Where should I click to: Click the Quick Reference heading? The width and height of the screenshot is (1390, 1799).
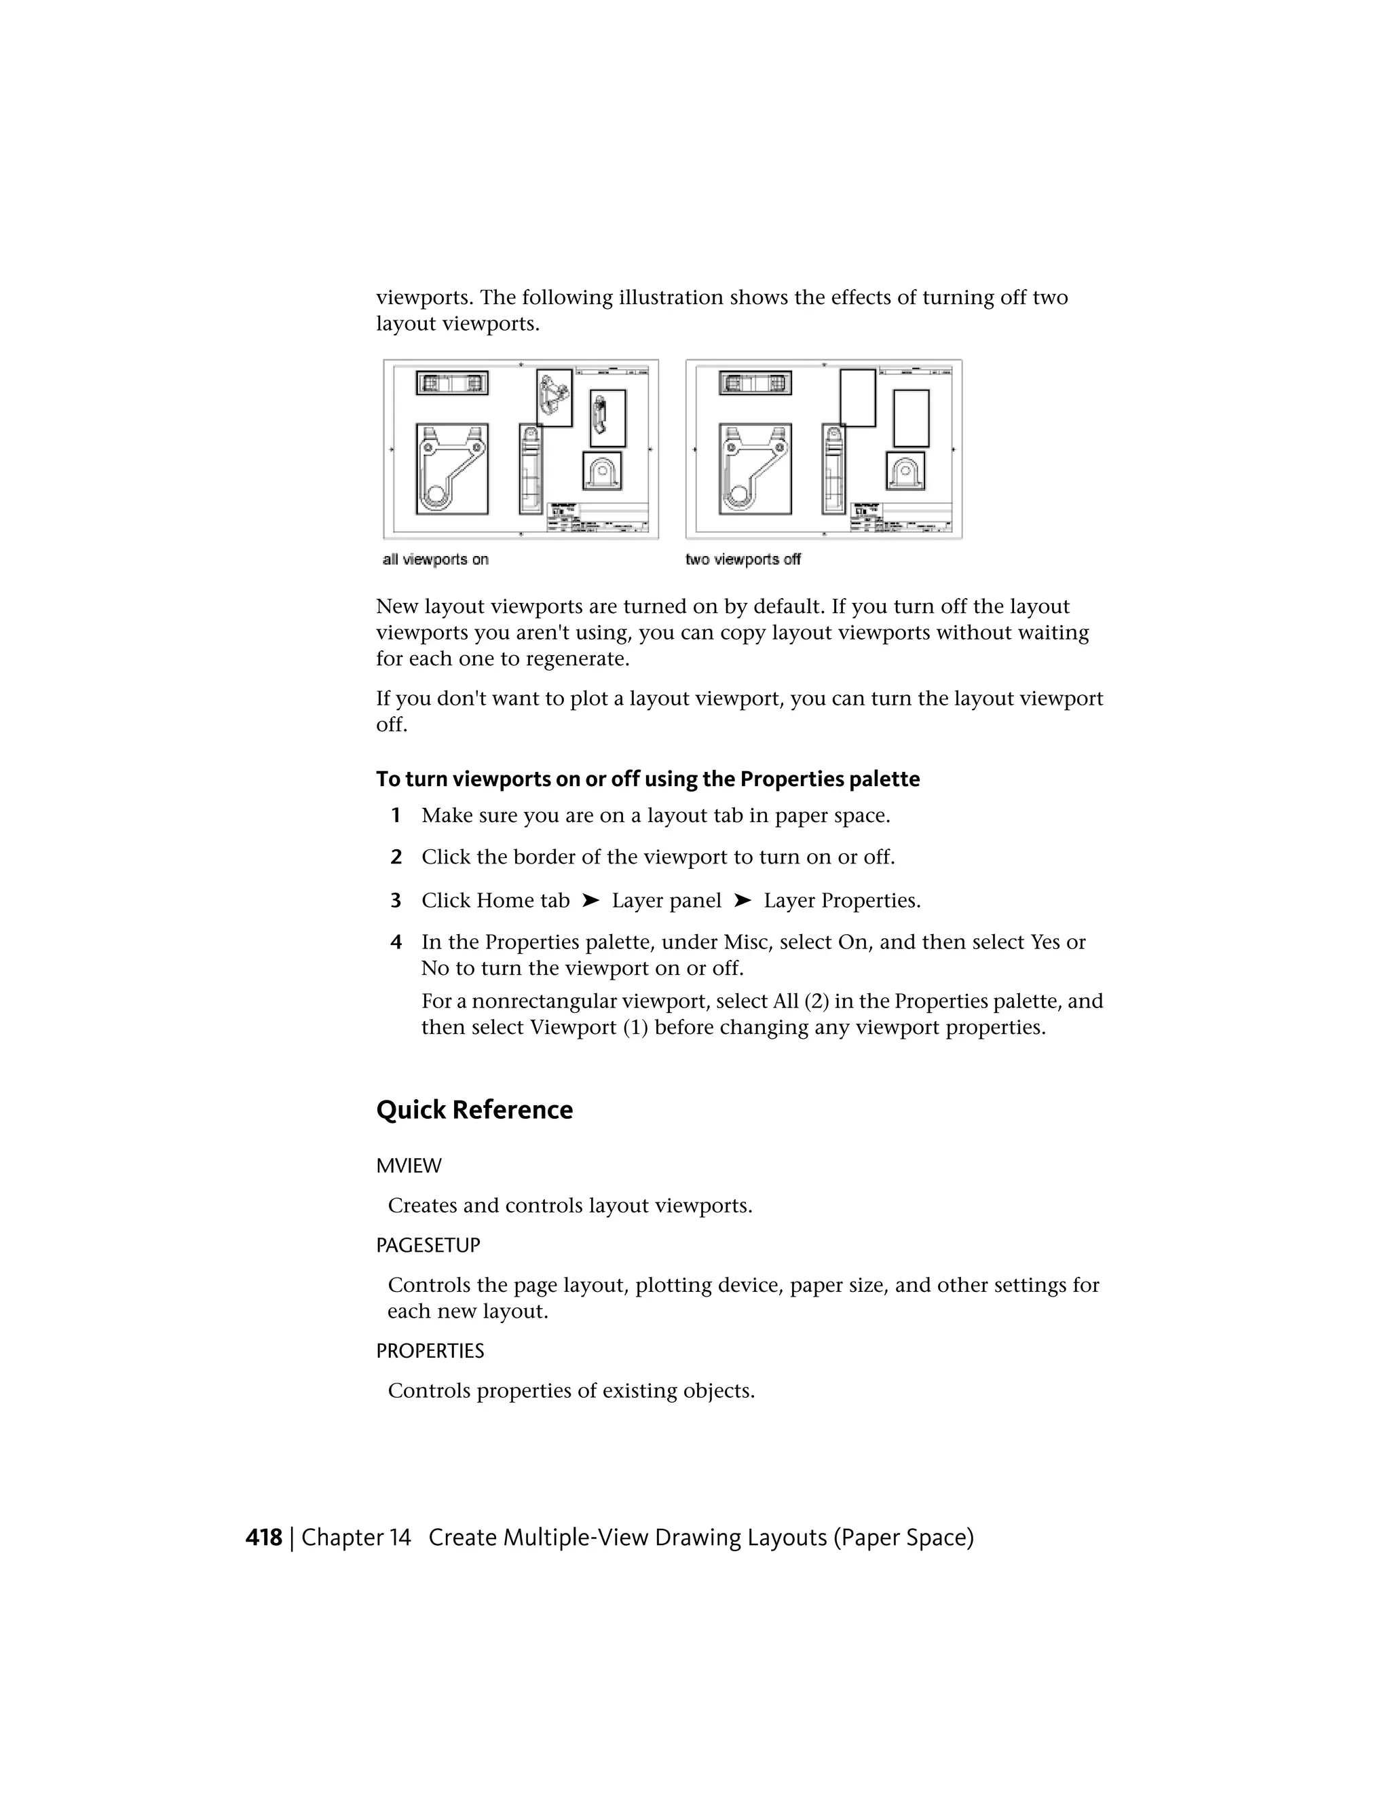pyautogui.click(x=474, y=1109)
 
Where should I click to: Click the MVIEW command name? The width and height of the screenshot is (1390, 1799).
pyautogui.click(x=409, y=1166)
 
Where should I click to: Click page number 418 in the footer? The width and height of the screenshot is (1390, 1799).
pyautogui.click(x=263, y=1537)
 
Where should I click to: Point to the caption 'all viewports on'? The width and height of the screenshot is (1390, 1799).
pyautogui.click(x=436, y=560)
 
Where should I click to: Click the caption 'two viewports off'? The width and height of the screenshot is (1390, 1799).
pyautogui.click(x=743, y=560)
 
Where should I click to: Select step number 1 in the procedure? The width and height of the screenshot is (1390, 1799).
pyautogui.click(x=396, y=815)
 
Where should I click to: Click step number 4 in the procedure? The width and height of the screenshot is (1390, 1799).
pyautogui.click(x=396, y=942)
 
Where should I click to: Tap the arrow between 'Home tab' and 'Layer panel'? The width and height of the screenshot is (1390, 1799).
pyautogui.click(x=590, y=900)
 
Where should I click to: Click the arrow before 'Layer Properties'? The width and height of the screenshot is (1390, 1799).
pyautogui.click(x=742, y=900)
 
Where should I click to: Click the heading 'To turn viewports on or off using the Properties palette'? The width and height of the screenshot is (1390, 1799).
pyautogui.click(x=647, y=779)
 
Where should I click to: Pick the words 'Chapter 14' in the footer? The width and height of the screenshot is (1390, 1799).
pyautogui.click(x=356, y=1537)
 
